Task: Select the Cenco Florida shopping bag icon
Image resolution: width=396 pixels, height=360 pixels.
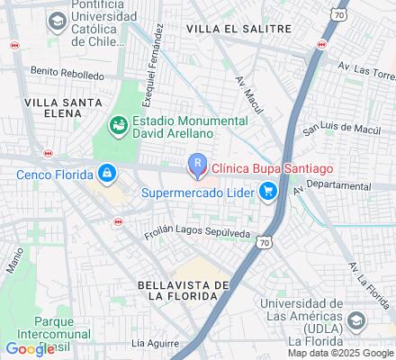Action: click(x=106, y=171)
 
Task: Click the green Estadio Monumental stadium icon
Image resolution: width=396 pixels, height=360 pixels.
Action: click(x=118, y=126)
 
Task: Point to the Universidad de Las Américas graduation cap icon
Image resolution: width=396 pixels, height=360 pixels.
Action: click(x=356, y=320)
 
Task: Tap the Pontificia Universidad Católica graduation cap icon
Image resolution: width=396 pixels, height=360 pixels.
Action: click(x=57, y=20)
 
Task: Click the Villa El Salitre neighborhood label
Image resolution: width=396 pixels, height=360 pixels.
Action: click(x=238, y=29)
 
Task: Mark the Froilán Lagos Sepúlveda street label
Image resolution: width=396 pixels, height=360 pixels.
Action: click(x=199, y=234)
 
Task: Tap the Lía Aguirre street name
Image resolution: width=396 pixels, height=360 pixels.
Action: click(x=151, y=343)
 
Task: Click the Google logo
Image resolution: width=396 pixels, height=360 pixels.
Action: click(x=30, y=349)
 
